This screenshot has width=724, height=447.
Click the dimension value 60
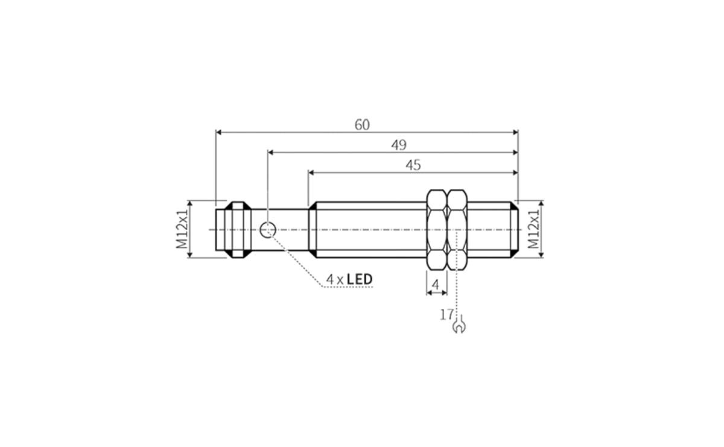pos(362,125)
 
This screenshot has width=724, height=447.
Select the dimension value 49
pos(399,145)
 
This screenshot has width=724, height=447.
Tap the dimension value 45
pos(413,165)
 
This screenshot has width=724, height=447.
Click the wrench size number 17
pos(446,314)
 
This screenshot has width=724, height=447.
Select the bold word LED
pos(360,279)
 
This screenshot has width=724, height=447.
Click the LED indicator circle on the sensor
pos(268,229)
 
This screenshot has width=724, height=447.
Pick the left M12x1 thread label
pos(182,229)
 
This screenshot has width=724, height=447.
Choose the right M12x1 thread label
pos(533,229)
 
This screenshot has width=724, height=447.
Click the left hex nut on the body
pos(437,229)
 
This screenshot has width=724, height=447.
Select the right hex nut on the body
pos(457,229)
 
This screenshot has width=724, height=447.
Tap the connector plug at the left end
pos(232,229)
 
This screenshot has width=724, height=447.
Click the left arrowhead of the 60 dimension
pos(219,132)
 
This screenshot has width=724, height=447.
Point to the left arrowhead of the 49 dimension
pos(271,152)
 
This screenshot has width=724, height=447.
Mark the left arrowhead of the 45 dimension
pos(311,172)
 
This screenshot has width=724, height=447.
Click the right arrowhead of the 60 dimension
pos(515,132)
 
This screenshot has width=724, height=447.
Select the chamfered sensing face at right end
pos(513,229)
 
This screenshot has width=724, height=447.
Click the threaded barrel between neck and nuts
pos(368,229)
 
